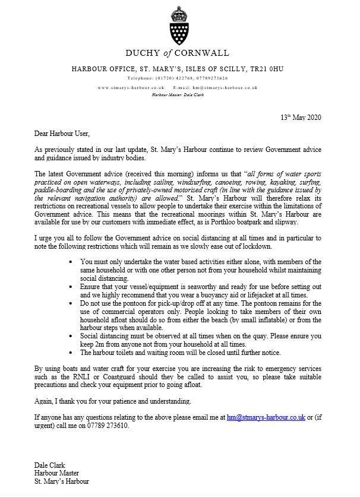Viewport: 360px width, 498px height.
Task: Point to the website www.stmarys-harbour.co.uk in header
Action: [x=131, y=87]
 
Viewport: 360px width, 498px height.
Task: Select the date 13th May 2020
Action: [x=301, y=117]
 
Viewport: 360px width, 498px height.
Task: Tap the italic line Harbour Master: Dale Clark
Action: [x=178, y=94]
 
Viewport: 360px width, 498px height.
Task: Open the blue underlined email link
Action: [x=266, y=417]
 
